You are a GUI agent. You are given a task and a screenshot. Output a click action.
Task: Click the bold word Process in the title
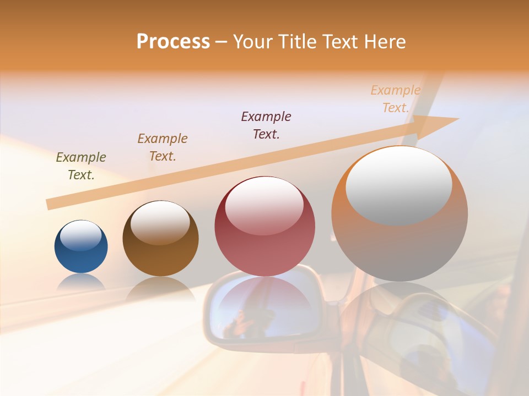173,42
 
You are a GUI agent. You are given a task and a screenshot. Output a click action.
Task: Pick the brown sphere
160,248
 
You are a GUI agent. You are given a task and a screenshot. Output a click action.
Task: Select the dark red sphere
264,242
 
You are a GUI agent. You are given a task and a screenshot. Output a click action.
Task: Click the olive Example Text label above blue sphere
81,166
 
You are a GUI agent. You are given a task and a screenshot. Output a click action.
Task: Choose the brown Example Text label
163,147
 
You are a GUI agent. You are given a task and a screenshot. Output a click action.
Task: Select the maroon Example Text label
266,125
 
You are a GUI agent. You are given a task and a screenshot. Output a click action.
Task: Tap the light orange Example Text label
396,99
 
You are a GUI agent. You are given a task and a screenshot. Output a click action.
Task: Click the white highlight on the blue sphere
80,236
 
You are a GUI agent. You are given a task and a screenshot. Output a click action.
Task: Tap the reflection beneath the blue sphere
81,283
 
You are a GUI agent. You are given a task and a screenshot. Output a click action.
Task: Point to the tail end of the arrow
50,205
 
